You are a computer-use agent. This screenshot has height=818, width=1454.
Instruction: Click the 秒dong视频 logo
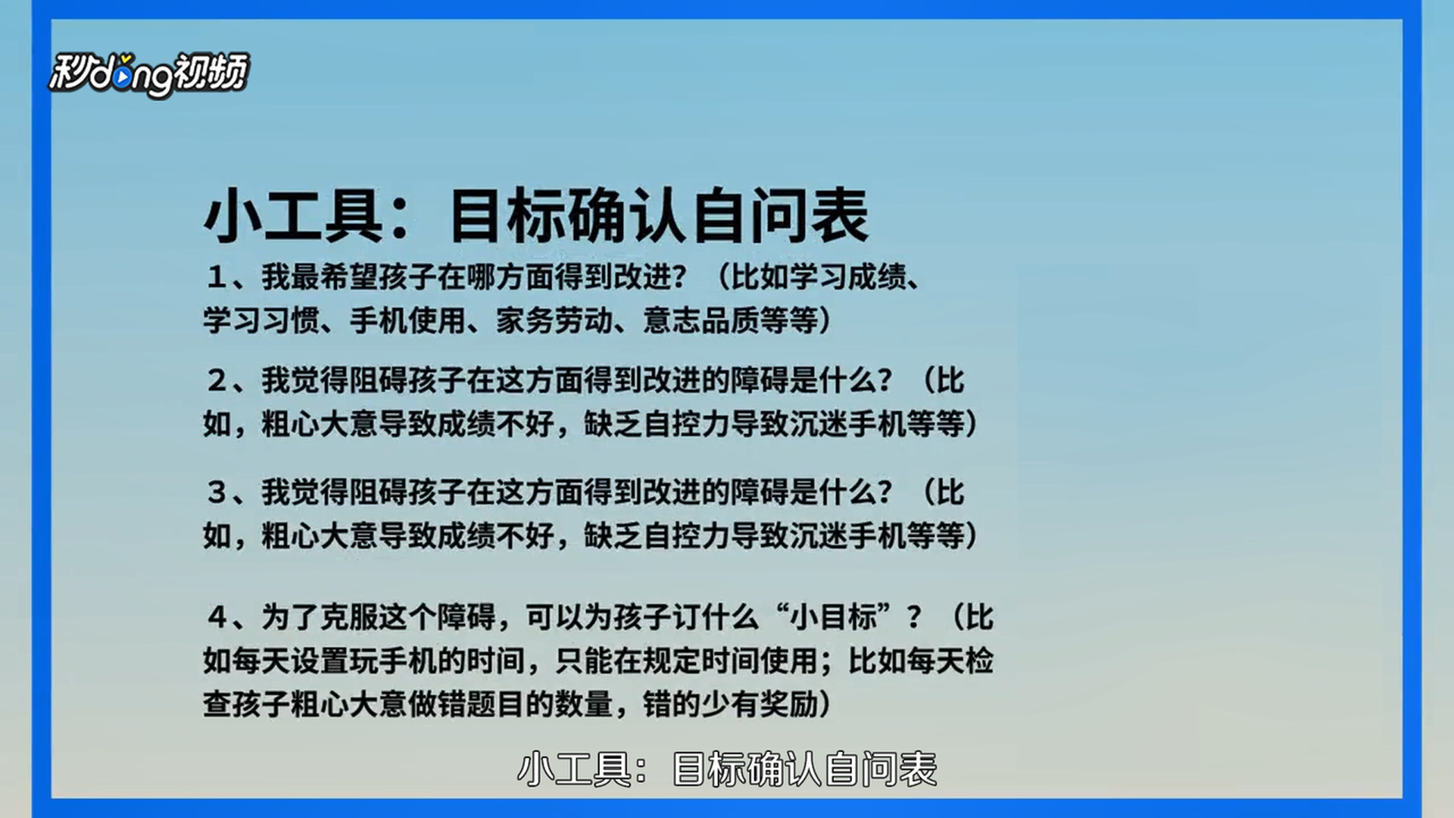click(x=148, y=74)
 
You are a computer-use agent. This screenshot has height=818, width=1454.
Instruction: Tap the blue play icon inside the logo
click(x=123, y=78)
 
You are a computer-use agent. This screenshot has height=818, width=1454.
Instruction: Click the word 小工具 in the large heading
click(x=293, y=217)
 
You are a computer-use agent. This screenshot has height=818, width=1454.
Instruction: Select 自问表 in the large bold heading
click(x=781, y=217)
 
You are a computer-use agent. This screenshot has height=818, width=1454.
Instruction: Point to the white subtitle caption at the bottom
click(x=727, y=770)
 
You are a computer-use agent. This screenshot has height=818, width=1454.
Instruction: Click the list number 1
click(x=217, y=277)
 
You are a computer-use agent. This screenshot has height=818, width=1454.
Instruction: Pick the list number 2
click(x=217, y=380)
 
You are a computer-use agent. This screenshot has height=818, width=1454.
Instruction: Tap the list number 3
click(x=217, y=492)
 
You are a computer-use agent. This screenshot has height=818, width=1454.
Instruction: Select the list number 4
click(x=217, y=617)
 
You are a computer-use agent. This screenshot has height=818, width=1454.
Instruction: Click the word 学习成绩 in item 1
click(x=849, y=277)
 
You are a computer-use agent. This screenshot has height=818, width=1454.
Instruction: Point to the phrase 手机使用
click(x=408, y=321)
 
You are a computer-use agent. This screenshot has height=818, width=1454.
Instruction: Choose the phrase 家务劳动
click(x=554, y=321)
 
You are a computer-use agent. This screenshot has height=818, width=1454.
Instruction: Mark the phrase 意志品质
click(x=701, y=321)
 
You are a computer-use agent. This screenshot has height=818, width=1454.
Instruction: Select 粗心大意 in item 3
click(x=320, y=536)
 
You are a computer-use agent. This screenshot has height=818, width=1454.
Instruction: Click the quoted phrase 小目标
click(x=834, y=617)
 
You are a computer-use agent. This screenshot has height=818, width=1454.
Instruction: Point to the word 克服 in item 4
click(x=350, y=617)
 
